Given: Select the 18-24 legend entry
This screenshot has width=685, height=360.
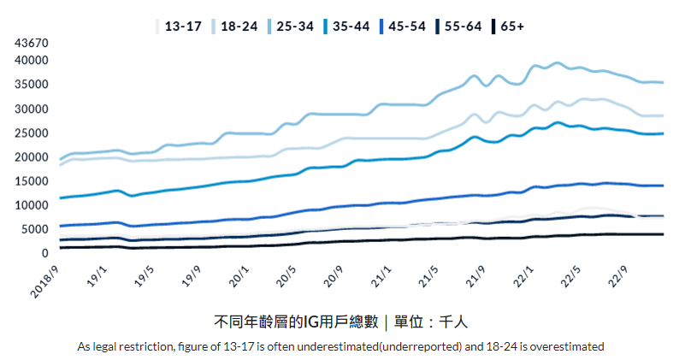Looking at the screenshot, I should pyautogui.click(x=241, y=27).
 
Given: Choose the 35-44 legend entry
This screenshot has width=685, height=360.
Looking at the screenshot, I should pyautogui.click(x=352, y=27).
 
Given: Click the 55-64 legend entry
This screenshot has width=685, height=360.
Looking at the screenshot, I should pyautogui.click(x=464, y=27).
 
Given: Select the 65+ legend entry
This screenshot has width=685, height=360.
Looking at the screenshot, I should pyautogui.click(x=511, y=27).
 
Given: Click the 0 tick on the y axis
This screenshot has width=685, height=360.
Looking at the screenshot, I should pyautogui.click(x=43, y=253).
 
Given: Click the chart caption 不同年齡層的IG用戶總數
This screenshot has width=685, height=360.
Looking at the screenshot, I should pyautogui.click(x=294, y=322).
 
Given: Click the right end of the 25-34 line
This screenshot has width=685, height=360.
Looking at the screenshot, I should pyautogui.click(x=663, y=83).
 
